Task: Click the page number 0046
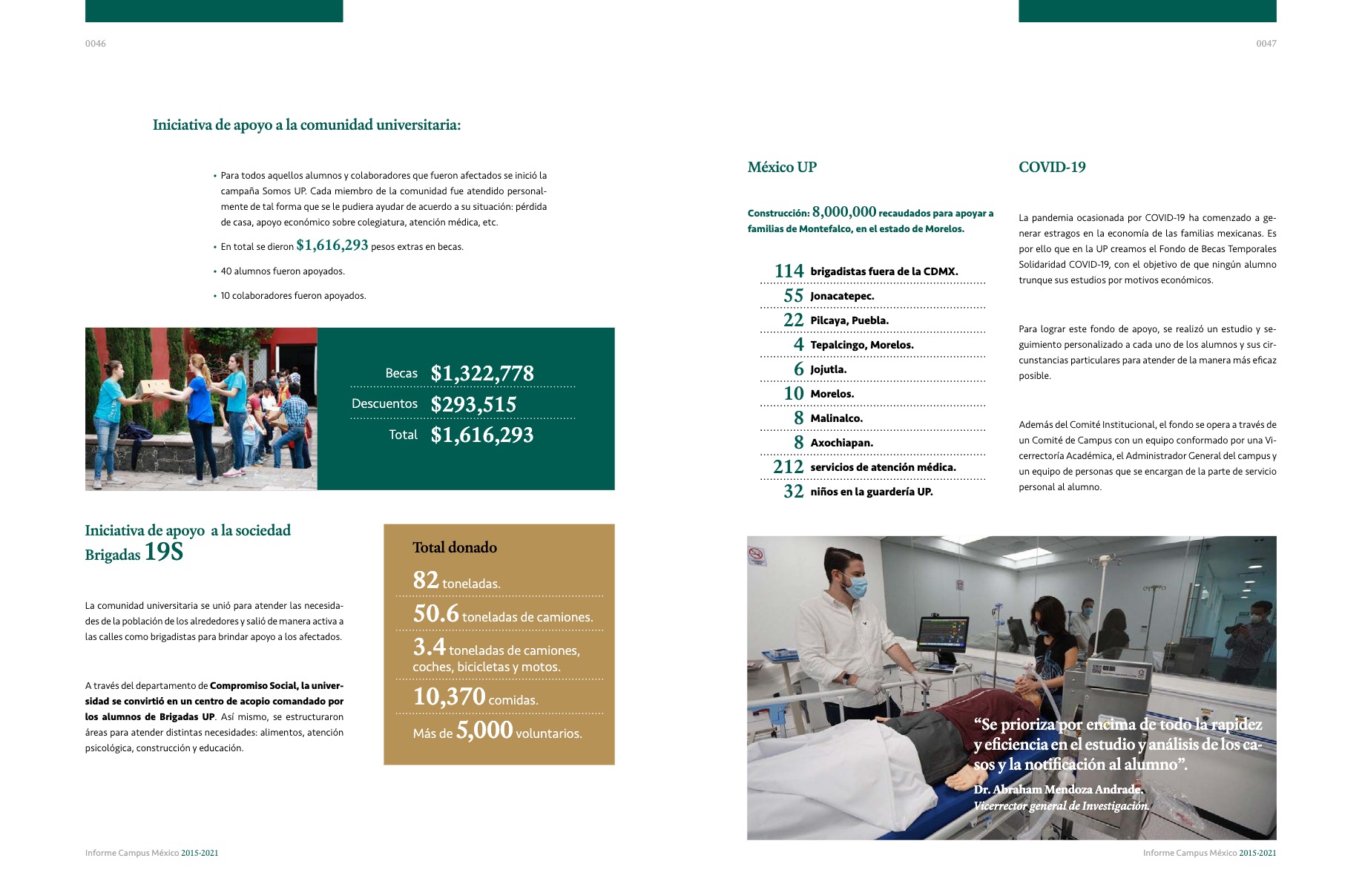tap(96, 44)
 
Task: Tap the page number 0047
tap(1266, 44)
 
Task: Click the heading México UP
tap(782, 168)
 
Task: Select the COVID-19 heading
tap(1052, 168)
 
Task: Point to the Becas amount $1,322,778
tap(482, 373)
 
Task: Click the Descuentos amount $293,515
tap(473, 404)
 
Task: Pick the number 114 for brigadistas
tap(789, 271)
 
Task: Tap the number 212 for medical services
tap(788, 467)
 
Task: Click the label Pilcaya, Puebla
tap(849, 320)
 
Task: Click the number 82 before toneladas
tap(426, 580)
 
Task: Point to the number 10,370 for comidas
tap(450, 697)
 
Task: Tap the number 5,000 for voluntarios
tap(484, 730)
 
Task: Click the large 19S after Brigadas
tap(164, 552)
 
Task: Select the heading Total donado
tap(455, 547)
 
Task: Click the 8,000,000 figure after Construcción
tap(844, 212)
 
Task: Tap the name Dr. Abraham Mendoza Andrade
tap(1058, 789)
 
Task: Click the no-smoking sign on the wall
tap(757, 555)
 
